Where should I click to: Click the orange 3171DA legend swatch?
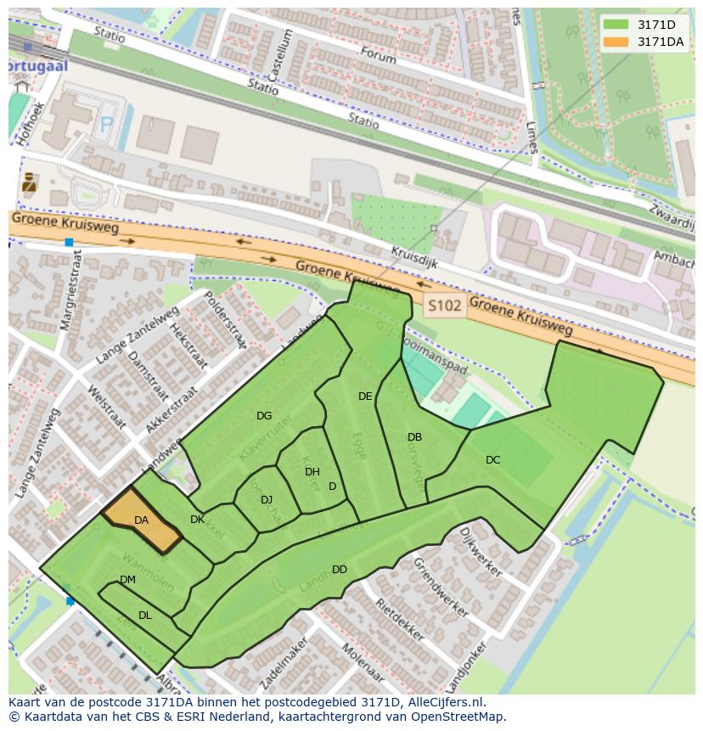tap(616, 42)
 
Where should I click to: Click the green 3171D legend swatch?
tap(616, 25)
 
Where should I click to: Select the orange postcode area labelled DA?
tap(141, 520)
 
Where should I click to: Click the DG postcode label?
tap(264, 416)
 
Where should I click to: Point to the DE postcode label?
tap(365, 396)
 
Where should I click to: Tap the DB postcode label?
tap(414, 437)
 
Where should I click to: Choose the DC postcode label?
tap(492, 460)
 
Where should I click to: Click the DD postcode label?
tap(340, 570)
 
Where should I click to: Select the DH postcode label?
tap(312, 472)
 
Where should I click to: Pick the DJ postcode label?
tap(267, 500)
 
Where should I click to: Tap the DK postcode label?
tap(197, 520)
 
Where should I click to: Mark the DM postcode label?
tap(127, 580)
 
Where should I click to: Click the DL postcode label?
tap(145, 616)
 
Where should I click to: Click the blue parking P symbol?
tap(107, 125)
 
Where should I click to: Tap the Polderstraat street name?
tap(227, 323)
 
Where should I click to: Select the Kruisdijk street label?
tap(414, 257)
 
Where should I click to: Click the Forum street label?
tap(378, 55)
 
